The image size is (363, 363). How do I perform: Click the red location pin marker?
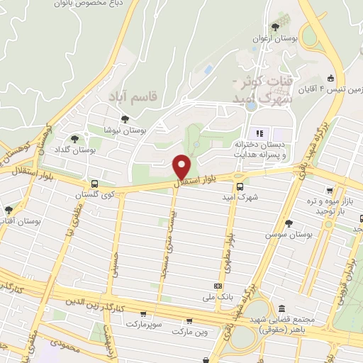point(182,167)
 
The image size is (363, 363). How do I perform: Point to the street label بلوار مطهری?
point(230,248)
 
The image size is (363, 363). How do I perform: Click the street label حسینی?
point(113,260)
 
